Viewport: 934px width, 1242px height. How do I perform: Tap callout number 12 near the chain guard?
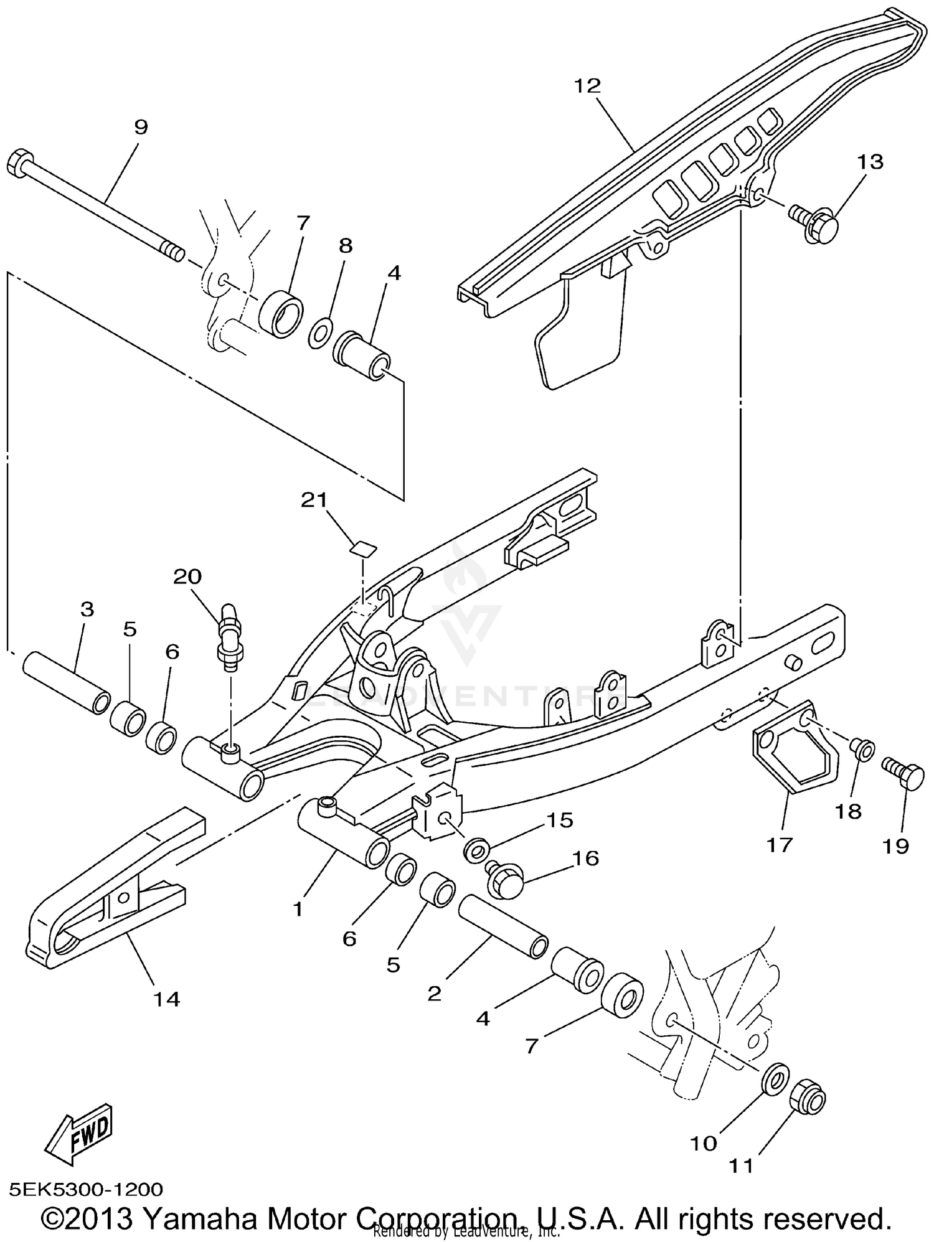[x=587, y=86]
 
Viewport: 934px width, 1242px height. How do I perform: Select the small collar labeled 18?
[x=863, y=750]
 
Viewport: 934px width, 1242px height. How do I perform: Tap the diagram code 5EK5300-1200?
[x=86, y=1190]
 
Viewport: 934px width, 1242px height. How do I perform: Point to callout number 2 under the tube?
[x=434, y=993]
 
